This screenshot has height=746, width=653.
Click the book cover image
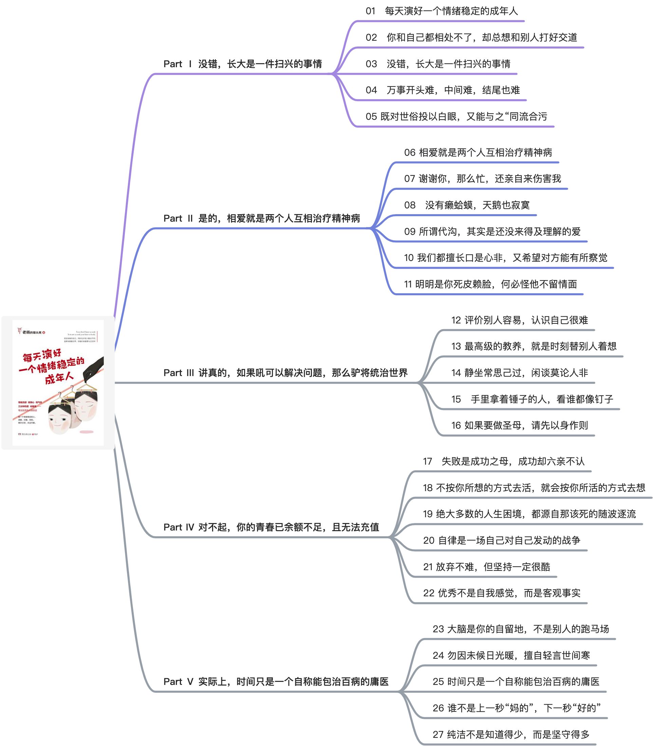[x=58, y=383]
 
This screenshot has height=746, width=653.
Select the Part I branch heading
[x=243, y=64]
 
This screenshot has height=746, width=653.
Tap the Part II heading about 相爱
[x=262, y=218]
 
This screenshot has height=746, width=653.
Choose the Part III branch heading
[x=285, y=373]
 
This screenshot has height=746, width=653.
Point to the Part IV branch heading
[x=271, y=527]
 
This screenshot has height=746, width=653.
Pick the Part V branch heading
[x=276, y=682]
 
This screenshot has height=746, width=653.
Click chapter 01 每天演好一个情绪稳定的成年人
[x=442, y=11]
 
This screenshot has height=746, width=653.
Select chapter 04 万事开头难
[x=443, y=90]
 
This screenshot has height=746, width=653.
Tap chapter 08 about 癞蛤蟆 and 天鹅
[x=467, y=205]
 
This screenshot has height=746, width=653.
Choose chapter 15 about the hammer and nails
[x=532, y=399]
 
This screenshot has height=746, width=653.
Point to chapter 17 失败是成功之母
[x=504, y=461]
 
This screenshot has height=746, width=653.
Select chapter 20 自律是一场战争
[x=501, y=540]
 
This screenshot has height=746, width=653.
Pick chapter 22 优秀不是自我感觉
[x=501, y=593]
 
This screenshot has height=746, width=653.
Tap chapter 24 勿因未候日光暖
[x=511, y=656]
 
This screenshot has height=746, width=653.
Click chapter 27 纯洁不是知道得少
[x=511, y=734]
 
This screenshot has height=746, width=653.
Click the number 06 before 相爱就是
[x=410, y=153]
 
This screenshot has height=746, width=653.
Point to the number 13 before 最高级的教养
[x=456, y=346]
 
